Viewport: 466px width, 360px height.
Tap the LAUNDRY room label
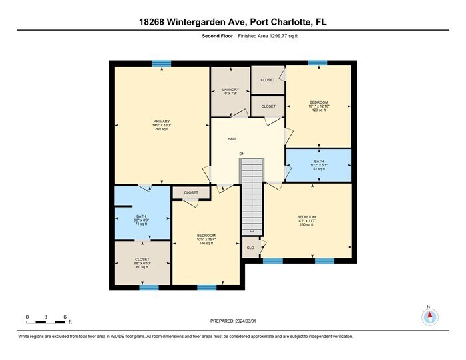230,91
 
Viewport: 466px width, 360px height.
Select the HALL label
232,139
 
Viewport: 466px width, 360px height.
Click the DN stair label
242,154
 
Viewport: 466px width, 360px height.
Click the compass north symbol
429,316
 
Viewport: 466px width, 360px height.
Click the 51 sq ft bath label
319,165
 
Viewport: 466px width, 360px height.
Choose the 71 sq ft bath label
141,220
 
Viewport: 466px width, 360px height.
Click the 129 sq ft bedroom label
318,106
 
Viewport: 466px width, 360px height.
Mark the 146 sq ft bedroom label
206,240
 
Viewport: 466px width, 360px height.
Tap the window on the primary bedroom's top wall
162,63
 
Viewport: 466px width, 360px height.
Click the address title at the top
232,22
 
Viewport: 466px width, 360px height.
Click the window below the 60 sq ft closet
149,287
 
